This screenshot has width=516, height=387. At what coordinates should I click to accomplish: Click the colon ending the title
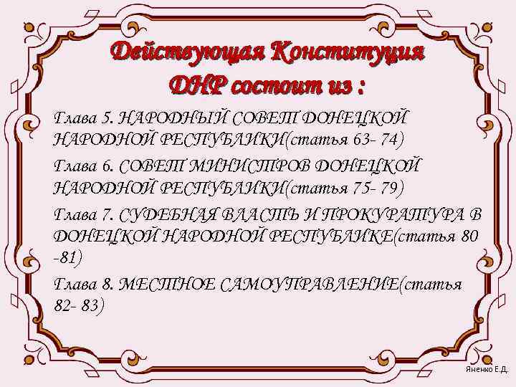point(360,89)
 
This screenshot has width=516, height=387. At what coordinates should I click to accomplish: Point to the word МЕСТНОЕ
point(162,285)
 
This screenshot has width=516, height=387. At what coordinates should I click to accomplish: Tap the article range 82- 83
point(79,306)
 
